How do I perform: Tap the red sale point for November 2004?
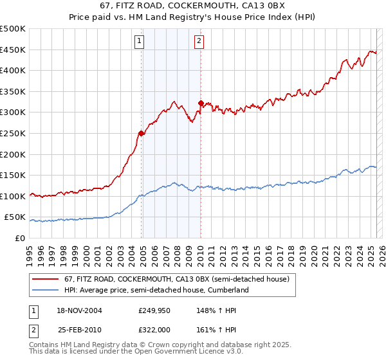[141, 134]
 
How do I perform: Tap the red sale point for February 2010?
[201, 103]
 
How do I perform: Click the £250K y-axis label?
[13, 133]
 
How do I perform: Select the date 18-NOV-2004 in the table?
[80, 310]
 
